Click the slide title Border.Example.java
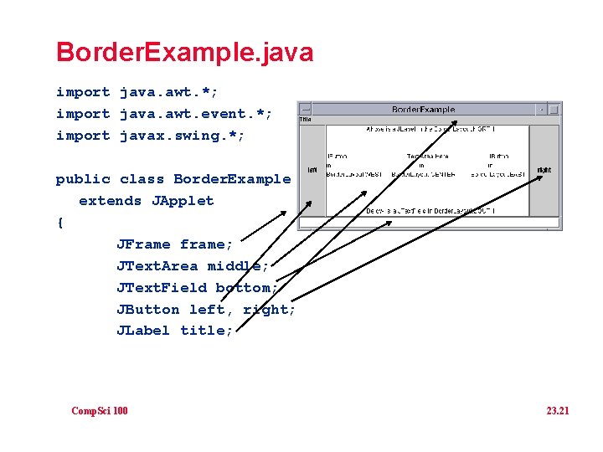[x=184, y=53]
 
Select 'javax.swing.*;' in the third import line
[x=183, y=136]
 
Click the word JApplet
[x=183, y=201]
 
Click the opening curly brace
[x=59, y=223]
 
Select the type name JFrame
[x=143, y=244]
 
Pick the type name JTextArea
[x=157, y=266]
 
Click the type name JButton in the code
[x=147, y=310]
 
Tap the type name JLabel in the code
[x=143, y=331]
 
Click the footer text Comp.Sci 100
[x=100, y=410]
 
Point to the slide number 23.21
[x=557, y=410]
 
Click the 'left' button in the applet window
[x=312, y=170]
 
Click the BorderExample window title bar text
[x=424, y=109]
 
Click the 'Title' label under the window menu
[x=305, y=120]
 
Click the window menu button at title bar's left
[x=306, y=109]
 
